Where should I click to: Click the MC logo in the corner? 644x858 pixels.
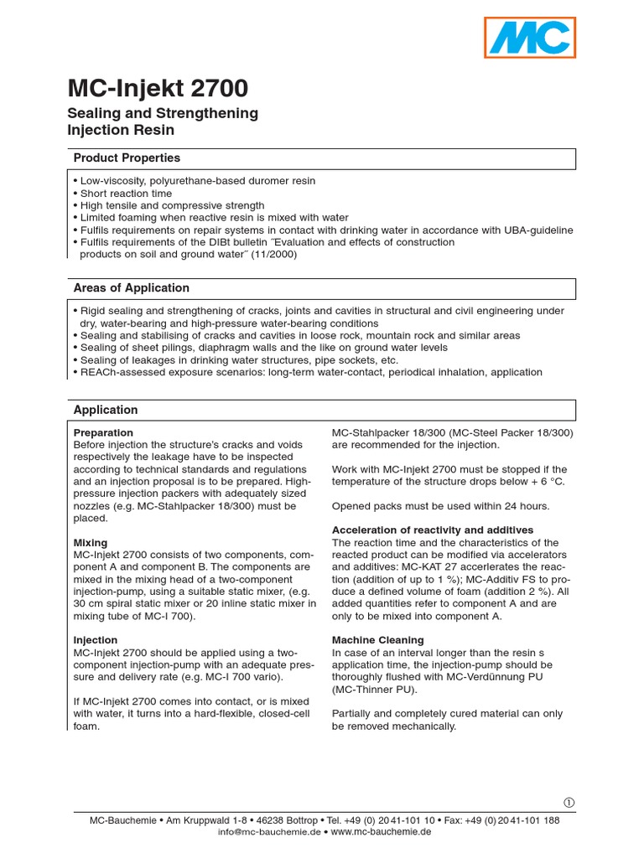pos(532,38)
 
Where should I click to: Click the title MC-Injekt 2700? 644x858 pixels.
pos(157,89)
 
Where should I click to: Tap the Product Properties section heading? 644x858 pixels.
pos(127,158)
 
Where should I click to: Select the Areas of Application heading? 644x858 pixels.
pos(132,287)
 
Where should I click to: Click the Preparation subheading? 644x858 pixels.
pos(103,432)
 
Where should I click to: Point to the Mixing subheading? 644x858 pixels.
pos(91,543)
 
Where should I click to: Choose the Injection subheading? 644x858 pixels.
pos(96,640)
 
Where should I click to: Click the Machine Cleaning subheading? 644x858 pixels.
pos(378,640)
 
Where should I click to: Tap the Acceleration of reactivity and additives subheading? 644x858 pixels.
pos(433,530)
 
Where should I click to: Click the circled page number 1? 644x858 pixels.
pos(569,802)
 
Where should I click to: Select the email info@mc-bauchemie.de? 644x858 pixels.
pos(269,832)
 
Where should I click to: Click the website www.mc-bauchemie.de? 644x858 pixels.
pos(382,832)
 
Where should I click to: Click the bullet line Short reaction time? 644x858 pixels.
pos(126,194)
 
